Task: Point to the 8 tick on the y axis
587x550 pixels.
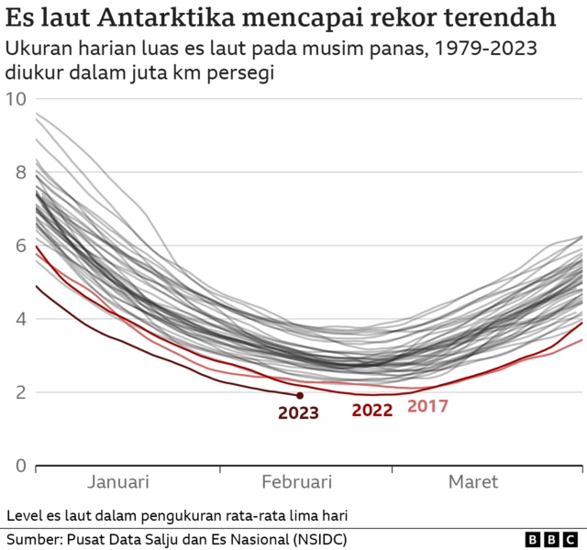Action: click(20, 172)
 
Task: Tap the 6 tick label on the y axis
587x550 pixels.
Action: click(20, 246)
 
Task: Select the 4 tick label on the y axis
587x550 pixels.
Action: click(20, 319)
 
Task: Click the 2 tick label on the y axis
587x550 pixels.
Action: click(20, 392)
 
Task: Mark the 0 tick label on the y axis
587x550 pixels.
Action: click(20, 466)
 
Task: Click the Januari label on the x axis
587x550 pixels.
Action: click(118, 482)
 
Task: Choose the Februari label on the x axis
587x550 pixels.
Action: click(296, 482)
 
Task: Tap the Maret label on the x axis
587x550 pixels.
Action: click(473, 482)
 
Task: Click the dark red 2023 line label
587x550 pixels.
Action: click(298, 413)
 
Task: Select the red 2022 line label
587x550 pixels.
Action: click(372, 411)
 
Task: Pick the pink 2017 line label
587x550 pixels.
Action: click(427, 405)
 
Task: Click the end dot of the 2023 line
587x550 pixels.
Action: click(300, 395)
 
